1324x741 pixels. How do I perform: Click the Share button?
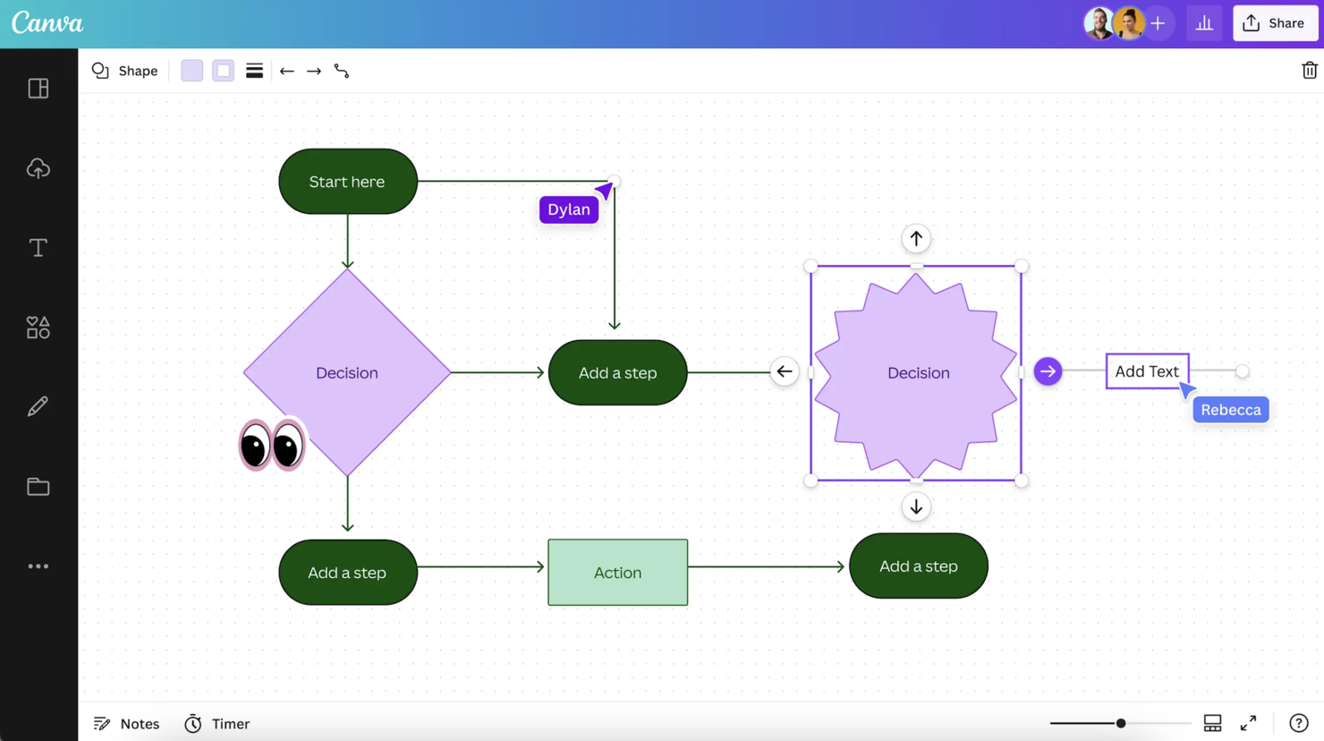click(1275, 23)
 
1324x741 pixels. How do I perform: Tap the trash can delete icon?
click(1309, 71)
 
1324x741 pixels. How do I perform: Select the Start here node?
click(348, 182)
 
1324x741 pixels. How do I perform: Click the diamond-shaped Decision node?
click(347, 372)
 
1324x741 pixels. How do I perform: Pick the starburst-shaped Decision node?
click(917, 373)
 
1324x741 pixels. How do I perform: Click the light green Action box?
click(617, 573)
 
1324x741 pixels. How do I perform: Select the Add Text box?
click(1147, 371)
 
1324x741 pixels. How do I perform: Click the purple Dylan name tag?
click(568, 209)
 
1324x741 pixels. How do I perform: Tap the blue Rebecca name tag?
click(1230, 410)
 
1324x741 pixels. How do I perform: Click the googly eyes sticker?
click(272, 445)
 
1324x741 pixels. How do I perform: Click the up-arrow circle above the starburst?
click(916, 239)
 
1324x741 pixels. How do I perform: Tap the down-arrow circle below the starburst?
click(916, 507)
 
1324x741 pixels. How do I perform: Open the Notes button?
click(127, 724)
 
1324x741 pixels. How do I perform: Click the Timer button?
click(217, 724)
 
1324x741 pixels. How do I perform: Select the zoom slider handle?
click(1120, 723)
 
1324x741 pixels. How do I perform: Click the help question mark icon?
click(1298, 723)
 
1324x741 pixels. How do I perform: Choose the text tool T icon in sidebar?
click(38, 248)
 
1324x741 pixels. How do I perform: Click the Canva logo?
click(47, 23)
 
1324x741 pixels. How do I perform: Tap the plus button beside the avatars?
click(1158, 23)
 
